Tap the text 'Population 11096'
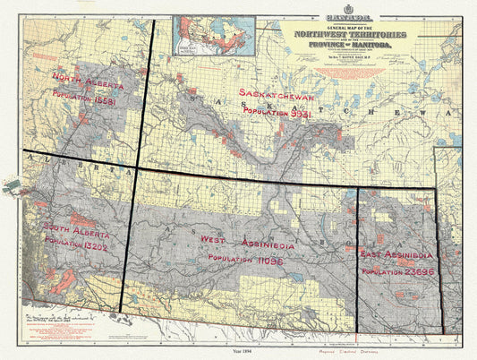pyautogui.click(x=245, y=258)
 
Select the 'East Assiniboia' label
pyautogui.click(x=397, y=254)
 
